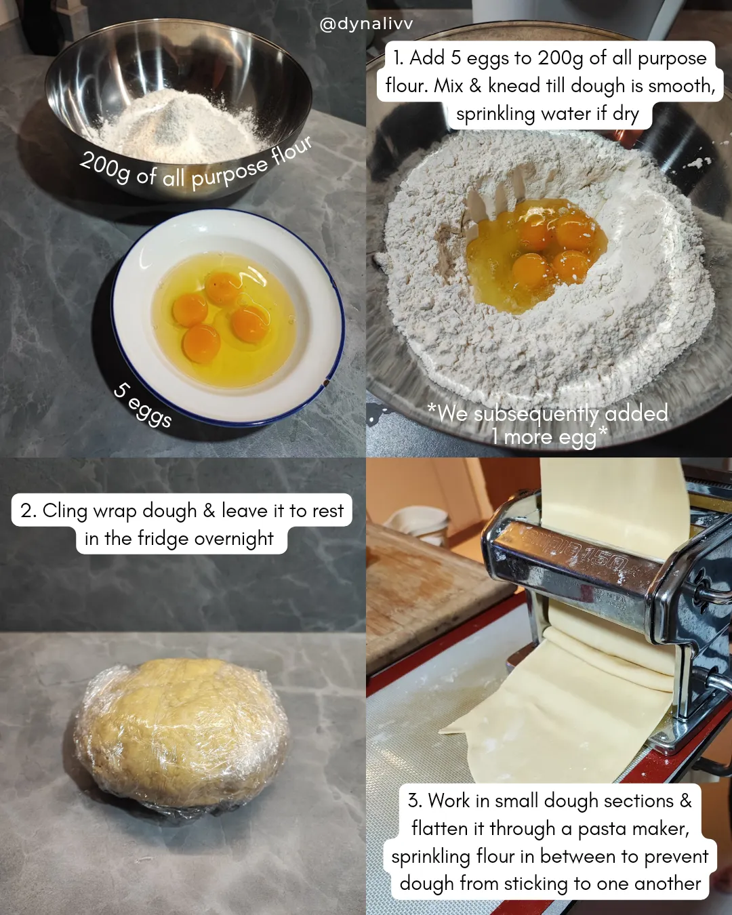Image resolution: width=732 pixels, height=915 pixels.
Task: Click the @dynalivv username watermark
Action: [x=366, y=24]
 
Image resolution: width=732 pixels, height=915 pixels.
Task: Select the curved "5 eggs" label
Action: [x=142, y=405]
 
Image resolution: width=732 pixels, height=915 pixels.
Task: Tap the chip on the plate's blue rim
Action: [x=326, y=383]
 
